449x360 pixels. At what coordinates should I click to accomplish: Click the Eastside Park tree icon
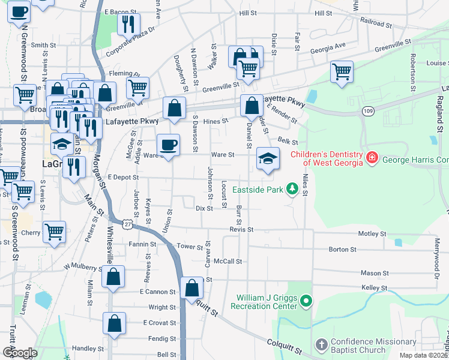coord(292,190)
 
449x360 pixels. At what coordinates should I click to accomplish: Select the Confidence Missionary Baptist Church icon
coord(322,345)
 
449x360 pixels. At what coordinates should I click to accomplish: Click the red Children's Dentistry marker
coord(372,157)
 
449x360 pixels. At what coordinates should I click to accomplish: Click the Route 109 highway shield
coord(368,112)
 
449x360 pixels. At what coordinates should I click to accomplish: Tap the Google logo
coord(20,352)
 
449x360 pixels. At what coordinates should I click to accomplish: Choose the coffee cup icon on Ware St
coord(168,145)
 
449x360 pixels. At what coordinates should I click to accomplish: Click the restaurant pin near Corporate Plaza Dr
coord(128,24)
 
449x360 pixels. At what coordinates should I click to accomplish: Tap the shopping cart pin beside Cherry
coord(55,232)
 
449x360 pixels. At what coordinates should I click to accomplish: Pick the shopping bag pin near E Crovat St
coord(115,324)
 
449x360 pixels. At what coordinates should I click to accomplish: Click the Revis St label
coord(241,229)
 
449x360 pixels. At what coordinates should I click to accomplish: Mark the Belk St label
coord(288,141)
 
